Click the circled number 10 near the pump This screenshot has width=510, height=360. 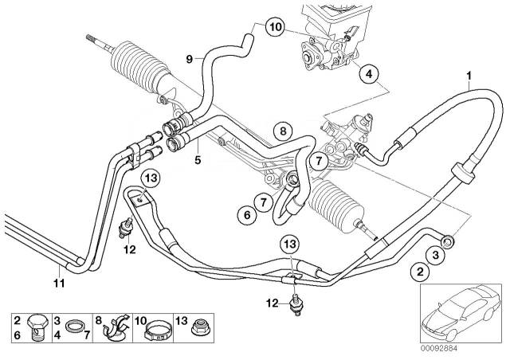tap(273, 28)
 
